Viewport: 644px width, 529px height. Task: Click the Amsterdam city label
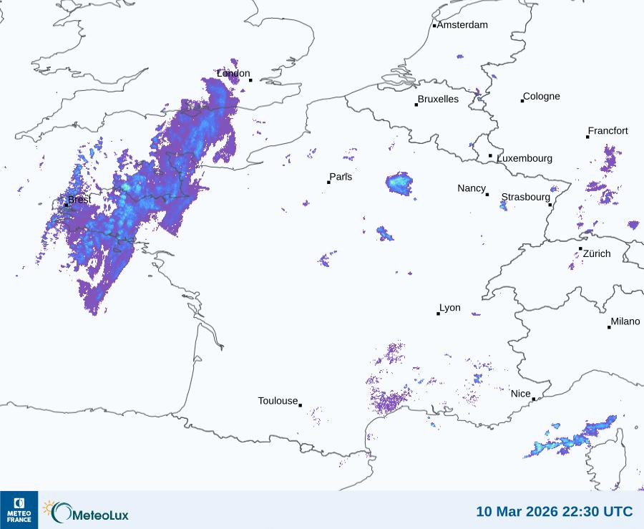(x=462, y=25)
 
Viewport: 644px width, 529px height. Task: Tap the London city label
(x=233, y=74)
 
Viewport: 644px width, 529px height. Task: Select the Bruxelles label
(x=438, y=100)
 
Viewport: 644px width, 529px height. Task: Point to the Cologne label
(x=542, y=97)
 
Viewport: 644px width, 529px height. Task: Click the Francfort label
(x=608, y=131)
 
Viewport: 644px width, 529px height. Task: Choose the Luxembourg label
(x=525, y=158)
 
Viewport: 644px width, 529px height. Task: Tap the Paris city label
(x=341, y=178)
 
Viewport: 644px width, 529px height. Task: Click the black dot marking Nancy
(x=487, y=195)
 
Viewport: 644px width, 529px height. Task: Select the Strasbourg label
(x=525, y=197)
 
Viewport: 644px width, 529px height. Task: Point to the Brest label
(x=79, y=200)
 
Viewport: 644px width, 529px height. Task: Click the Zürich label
(x=597, y=253)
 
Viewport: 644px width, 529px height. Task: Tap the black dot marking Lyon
(x=439, y=314)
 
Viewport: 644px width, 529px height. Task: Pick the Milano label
(x=625, y=322)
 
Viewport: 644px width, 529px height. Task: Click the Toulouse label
(x=278, y=401)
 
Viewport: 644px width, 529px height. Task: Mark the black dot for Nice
(x=534, y=399)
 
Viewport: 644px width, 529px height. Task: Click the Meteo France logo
(x=19, y=510)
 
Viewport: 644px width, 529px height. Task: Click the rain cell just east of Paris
(x=399, y=183)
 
